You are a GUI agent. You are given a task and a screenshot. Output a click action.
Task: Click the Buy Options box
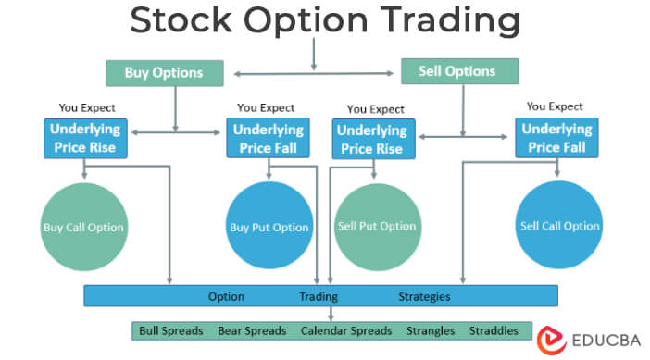point(163,73)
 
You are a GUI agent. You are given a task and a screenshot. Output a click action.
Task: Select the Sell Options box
point(459,71)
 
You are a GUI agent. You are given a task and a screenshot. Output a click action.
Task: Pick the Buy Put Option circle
point(269,227)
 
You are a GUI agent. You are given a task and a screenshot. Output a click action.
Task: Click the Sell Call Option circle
point(559,226)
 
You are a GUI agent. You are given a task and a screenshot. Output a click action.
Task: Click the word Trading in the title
point(452,21)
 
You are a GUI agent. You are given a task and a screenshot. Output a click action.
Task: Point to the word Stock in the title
point(180,21)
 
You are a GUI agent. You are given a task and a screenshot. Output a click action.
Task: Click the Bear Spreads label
point(253,330)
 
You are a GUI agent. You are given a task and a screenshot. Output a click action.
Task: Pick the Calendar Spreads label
point(346,330)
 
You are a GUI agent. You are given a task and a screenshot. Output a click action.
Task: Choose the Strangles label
point(431,330)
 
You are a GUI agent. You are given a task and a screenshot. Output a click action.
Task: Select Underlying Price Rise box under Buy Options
point(85,138)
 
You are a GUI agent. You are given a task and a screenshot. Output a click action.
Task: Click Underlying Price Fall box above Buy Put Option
point(269,139)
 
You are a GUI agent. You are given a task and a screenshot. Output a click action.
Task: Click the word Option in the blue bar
point(226,297)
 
